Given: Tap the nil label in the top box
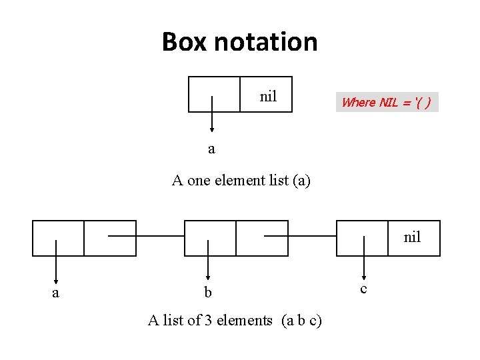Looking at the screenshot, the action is pyautogui.click(x=268, y=97).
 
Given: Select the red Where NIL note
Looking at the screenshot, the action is pyautogui.click(x=387, y=102).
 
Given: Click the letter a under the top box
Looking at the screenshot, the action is pyautogui.click(x=211, y=149).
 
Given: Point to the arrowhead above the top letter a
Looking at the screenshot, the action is pyautogui.click(x=211, y=130).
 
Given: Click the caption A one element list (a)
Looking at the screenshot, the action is pyautogui.click(x=241, y=180).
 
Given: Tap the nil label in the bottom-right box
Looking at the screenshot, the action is pyautogui.click(x=412, y=237).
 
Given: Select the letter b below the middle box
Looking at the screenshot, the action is pyautogui.click(x=208, y=293).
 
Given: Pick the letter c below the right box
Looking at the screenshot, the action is pyautogui.click(x=363, y=288).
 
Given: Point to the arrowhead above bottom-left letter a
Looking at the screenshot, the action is pyautogui.click(x=55, y=282).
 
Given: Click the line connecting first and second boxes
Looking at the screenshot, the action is pyautogui.click(x=146, y=236).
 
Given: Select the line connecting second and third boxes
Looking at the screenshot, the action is pyautogui.click(x=300, y=236).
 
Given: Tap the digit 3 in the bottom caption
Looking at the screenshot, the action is pyautogui.click(x=209, y=321).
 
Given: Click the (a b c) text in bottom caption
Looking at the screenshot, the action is pyautogui.click(x=301, y=321).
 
